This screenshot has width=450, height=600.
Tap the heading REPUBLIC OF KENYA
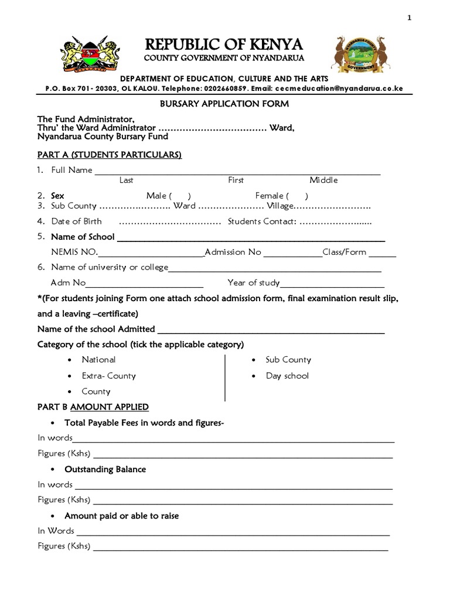pyautogui.click(x=224, y=45)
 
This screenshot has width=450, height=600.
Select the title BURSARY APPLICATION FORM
pyautogui.click(x=224, y=104)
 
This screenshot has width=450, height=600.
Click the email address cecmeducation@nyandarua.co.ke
pyautogui.click(x=339, y=88)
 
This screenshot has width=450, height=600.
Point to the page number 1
pyautogui.click(x=410, y=18)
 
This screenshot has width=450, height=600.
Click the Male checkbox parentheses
pyautogui.click(x=180, y=196)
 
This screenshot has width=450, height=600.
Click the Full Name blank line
pyautogui.click(x=237, y=171)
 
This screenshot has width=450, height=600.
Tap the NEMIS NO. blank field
pyautogui.click(x=151, y=253)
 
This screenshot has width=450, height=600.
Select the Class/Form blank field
pyautogui.click(x=382, y=253)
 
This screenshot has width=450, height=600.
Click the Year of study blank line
pyautogui.click(x=332, y=284)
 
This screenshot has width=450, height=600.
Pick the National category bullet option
pyautogui.click(x=98, y=360)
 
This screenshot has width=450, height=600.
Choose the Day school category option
pyautogui.click(x=287, y=376)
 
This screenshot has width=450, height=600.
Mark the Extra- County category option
pyautogui.click(x=108, y=376)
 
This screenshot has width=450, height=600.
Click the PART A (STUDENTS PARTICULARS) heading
pyautogui.click(x=110, y=155)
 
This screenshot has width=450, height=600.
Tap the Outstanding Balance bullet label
pyautogui.click(x=105, y=469)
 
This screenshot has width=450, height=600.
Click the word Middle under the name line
pyautogui.click(x=323, y=180)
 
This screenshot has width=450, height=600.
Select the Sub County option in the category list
pyautogui.click(x=288, y=360)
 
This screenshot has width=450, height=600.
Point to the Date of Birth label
pyautogui.click(x=76, y=221)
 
